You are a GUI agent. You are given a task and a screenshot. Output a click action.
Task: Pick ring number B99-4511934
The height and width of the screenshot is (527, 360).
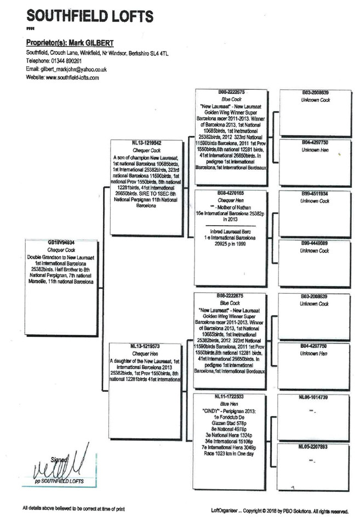[x=315, y=194]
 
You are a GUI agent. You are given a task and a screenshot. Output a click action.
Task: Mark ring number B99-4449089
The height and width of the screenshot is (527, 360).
[x=315, y=243]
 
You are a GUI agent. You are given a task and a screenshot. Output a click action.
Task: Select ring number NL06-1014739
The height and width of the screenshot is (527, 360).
[x=315, y=396]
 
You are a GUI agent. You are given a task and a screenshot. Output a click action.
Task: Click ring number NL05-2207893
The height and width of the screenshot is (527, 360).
[x=315, y=447]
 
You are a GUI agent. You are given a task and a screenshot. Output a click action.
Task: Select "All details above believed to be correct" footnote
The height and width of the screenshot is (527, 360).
[x=73, y=509]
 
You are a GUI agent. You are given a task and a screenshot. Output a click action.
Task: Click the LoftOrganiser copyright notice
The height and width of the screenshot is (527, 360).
[x=279, y=511]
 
